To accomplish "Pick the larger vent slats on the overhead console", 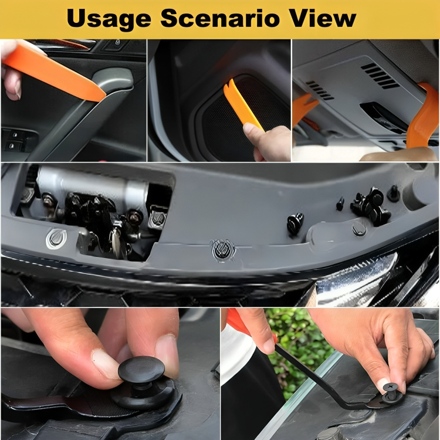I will (x=379, y=75).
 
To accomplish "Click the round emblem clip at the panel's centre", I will (x=223, y=249).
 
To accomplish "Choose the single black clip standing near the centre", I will (x=295, y=223).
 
